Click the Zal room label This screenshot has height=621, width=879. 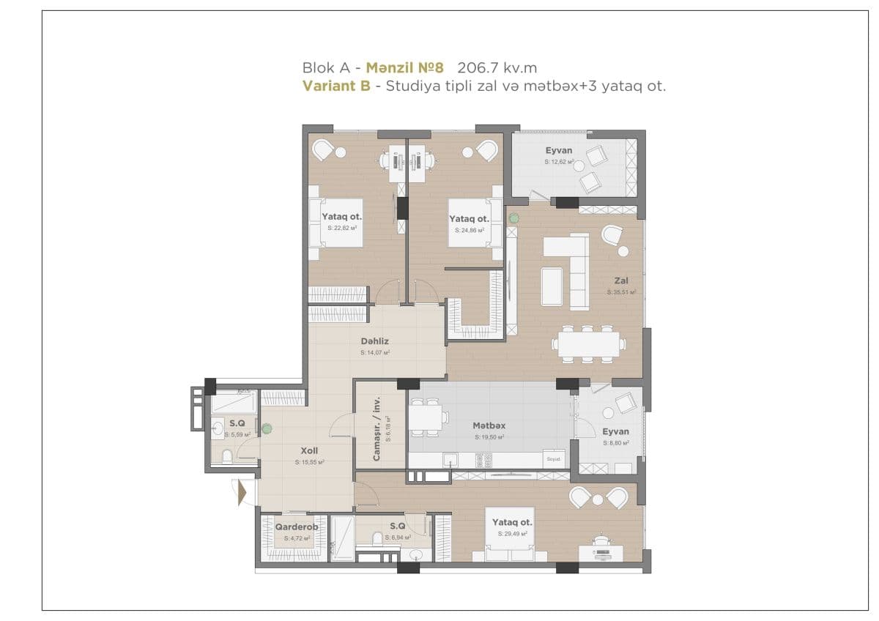(x=621, y=280)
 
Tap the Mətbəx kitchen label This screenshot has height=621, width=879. (x=489, y=425)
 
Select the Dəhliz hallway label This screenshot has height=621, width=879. (x=374, y=341)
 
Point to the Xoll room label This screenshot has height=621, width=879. (x=309, y=451)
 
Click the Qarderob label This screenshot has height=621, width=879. (x=296, y=527)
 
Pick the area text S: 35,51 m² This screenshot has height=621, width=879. (x=621, y=291)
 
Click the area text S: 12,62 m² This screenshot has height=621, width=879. (x=558, y=161)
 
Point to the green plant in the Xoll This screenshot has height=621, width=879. (x=267, y=428)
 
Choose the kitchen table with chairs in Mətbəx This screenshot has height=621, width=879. (x=426, y=418)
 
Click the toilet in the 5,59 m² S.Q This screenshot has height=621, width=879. (x=227, y=458)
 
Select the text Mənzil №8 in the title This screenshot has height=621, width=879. (x=405, y=68)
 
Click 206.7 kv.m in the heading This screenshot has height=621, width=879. (x=497, y=68)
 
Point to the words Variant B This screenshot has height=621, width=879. (x=335, y=86)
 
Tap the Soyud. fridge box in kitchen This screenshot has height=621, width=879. (x=553, y=459)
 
